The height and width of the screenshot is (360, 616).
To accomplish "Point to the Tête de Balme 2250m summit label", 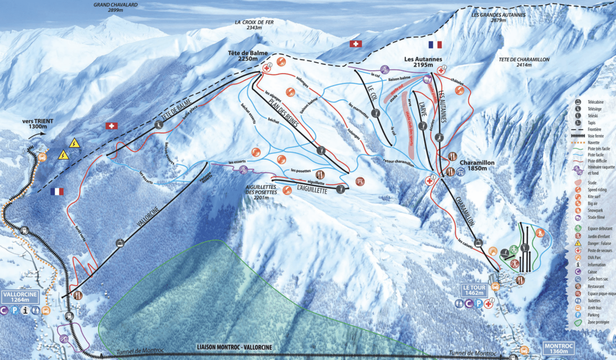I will tap(248, 55).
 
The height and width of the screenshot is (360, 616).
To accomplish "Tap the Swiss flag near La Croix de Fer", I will tap(356, 44).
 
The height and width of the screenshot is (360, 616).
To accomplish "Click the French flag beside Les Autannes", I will tap(434, 45).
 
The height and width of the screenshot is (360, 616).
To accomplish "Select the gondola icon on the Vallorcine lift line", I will tap(120, 242).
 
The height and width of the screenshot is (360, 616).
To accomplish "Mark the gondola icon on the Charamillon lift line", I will tap(478, 242).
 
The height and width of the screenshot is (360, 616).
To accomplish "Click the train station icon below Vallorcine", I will tap(69, 316).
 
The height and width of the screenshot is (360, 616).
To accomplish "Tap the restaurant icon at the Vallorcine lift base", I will tap(77, 295).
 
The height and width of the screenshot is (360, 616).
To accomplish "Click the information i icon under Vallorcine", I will tap(25, 310).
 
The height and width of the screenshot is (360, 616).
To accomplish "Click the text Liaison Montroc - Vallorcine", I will tap(234, 347).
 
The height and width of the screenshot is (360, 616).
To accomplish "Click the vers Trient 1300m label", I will tap(38, 124).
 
